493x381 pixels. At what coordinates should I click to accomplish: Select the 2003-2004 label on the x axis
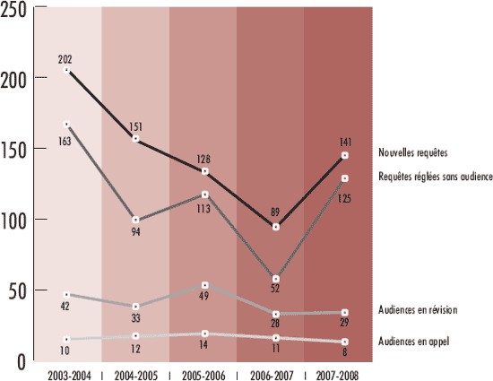click(67, 372)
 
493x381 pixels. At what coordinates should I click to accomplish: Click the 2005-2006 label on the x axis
click(203, 372)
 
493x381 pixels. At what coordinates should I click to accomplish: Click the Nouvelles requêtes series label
click(412, 152)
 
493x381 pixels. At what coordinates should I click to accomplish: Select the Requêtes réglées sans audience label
click(435, 178)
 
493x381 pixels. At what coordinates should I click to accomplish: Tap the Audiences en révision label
click(419, 309)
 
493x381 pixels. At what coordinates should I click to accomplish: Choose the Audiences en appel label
click(413, 341)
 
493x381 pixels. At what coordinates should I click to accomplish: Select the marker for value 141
click(344, 156)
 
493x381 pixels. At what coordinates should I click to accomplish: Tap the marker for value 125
click(344, 178)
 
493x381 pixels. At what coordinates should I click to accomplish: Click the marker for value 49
click(204, 285)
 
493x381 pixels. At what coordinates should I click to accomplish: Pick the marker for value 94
click(136, 220)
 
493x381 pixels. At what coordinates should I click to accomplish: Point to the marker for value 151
click(136, 140)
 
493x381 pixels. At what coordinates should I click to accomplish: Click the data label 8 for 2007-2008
click(344, 355)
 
